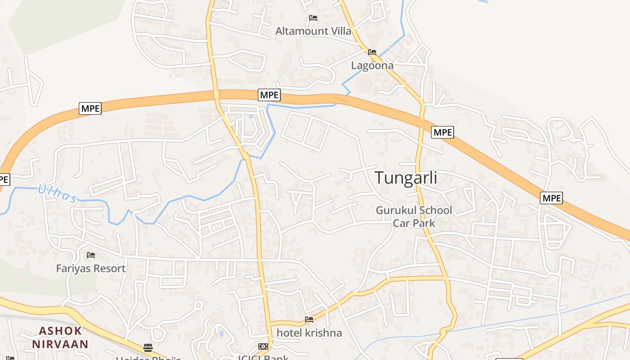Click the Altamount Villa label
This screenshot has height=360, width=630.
pos(313,31)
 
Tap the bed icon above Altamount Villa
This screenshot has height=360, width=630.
pos(313,18)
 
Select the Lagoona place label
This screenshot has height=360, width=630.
pos(372,66)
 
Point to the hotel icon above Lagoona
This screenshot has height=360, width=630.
pos(372,52)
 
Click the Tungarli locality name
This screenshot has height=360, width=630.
pos(406,178)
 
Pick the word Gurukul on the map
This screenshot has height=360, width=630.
pos(395,210)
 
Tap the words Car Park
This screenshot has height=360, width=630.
pos(414,223)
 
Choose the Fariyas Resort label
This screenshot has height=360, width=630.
pos(91,269)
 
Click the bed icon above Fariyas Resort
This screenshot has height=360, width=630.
pos(91,255)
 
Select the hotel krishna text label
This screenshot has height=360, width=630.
pos(309,333)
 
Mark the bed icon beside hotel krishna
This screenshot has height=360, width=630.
pos(309,319)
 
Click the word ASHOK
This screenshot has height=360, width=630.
pos(60,331)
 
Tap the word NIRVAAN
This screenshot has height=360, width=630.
pos(60,345)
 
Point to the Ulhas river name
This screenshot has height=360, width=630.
pos(57,194)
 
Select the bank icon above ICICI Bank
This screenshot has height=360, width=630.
pos(263,346)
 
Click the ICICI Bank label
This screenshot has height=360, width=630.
pos(263,357)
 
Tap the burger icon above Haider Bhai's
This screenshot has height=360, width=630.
pos(148,347)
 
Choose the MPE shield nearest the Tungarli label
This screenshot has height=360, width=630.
pos(442,132)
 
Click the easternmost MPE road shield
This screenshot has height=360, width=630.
pos(552,198)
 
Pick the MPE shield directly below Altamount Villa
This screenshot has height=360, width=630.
pos(270,95)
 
